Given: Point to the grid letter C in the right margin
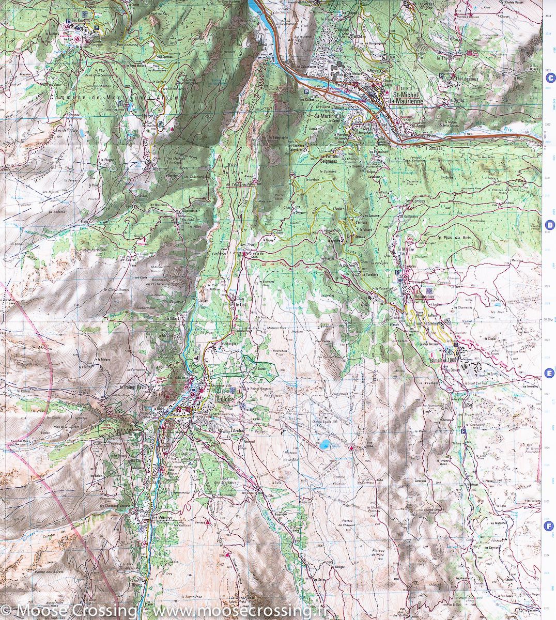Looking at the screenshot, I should [x=550, y=78].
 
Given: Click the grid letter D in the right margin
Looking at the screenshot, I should [x=550, y=225].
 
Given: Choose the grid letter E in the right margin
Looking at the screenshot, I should [x=550, y=374].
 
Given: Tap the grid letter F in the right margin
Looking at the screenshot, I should [x=550, y=526].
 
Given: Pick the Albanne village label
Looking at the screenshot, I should [x=157, y=168].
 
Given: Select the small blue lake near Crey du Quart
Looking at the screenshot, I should [x=325, y=444].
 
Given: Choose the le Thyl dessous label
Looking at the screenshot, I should [x=460, y=79].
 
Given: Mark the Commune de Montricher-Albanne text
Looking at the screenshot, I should [x=118, y=97].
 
